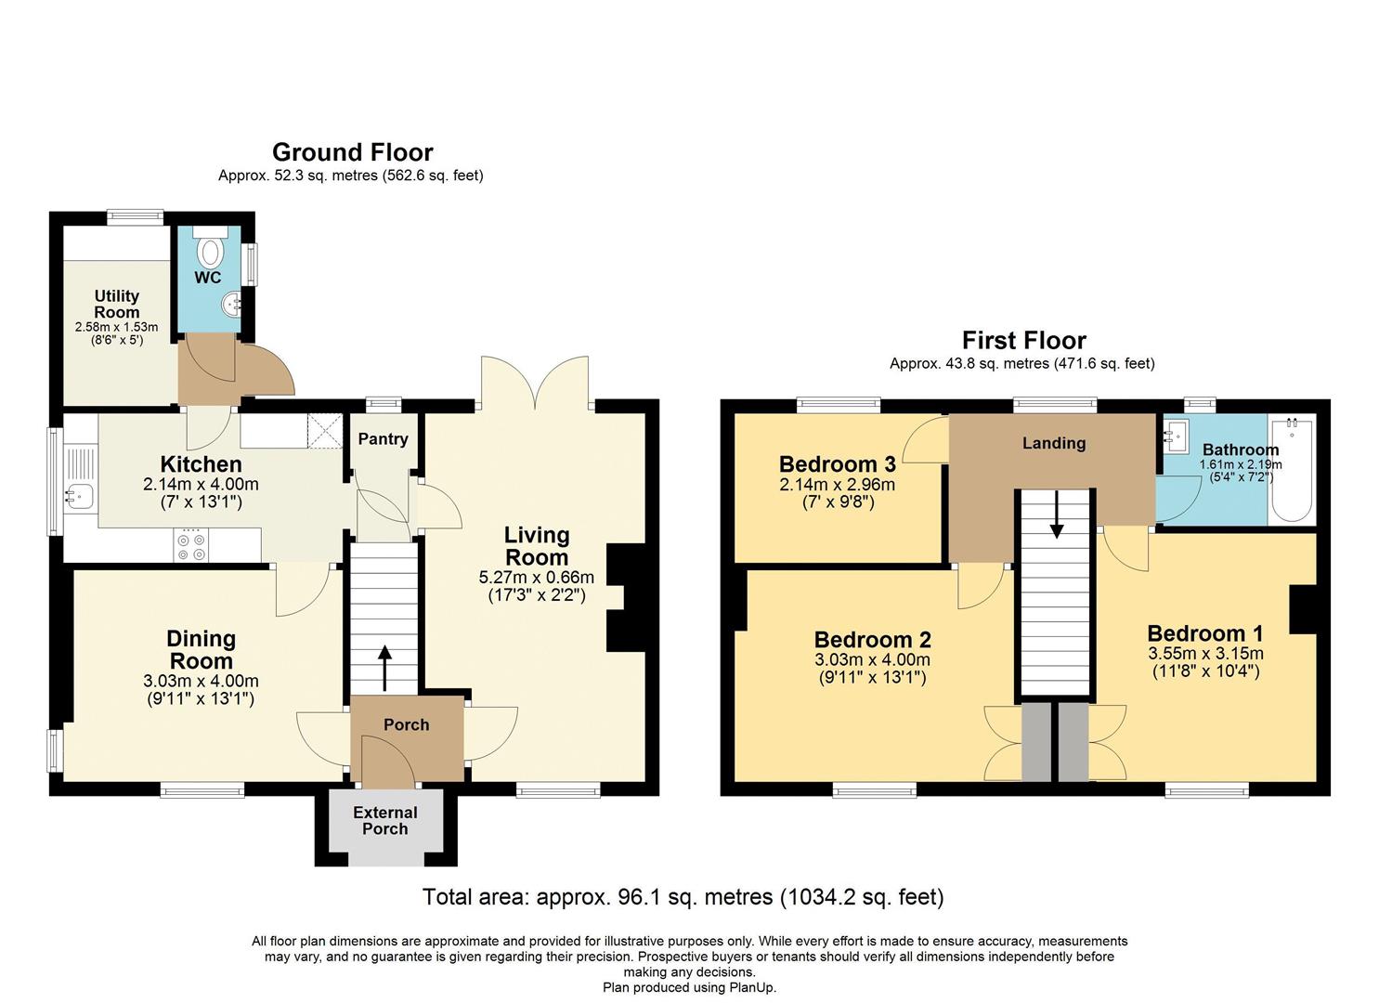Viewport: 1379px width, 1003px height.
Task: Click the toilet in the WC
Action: [211, 251]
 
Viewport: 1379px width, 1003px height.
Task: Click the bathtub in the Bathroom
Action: [1291, 470]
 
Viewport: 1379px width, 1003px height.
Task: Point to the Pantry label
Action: [384, 439]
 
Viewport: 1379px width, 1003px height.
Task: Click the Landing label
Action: [1054, 443]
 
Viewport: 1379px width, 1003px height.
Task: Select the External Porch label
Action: [385, 820]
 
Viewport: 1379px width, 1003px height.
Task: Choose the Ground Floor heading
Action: [352, 152]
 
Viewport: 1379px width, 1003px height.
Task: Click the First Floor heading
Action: [1023, 341]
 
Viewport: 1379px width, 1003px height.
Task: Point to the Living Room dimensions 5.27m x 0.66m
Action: [537, 578]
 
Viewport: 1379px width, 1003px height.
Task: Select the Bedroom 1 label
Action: [1205, 634]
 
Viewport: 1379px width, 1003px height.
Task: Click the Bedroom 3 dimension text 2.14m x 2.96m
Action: [838, 485]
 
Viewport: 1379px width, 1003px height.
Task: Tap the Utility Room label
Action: [117, 304]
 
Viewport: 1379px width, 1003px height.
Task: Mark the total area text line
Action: [683, 897]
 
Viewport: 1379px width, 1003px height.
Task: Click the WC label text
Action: [208, 278]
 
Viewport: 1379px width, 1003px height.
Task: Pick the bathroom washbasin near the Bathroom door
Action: [1177, 433]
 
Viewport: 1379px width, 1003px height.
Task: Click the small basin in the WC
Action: [233, 302]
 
